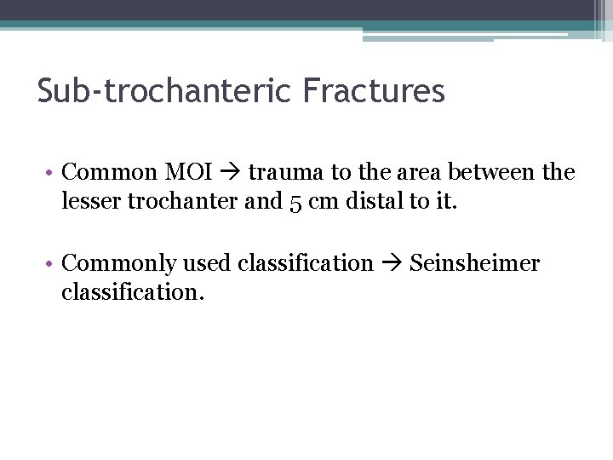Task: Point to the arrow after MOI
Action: [230, 172]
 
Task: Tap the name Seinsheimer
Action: [474, 263]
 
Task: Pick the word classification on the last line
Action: [132, 292]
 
